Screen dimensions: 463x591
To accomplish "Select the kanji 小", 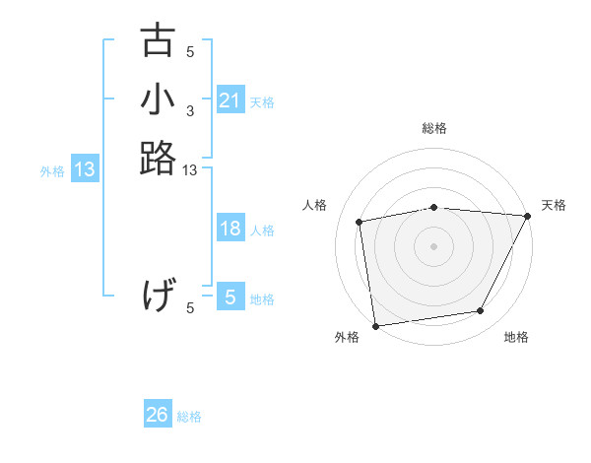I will coord(158,100).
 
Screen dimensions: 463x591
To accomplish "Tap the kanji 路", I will coord(158,157).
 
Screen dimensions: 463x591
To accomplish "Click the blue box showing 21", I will coord(230,100).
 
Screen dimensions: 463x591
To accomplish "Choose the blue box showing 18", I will coord(230,229).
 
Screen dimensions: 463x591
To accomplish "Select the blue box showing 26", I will coord(158,415).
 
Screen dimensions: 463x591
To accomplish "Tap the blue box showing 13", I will coord(85,169).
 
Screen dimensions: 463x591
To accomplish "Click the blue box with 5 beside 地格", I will coord(230,297).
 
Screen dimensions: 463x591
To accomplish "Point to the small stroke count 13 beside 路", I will coord(190,171).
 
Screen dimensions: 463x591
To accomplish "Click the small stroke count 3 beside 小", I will coord(190,110).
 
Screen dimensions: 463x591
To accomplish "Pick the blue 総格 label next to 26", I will coord(190,417).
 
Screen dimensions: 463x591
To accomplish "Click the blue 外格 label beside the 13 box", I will coord(52,171).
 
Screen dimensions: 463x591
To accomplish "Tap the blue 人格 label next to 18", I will coord(262,231).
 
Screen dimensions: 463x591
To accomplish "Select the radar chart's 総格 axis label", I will coord(434,128).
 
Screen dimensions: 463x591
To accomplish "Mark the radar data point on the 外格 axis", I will coord(375,325).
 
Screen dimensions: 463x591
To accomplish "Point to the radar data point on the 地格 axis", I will coord(481,311).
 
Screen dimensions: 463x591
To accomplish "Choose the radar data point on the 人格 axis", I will coord(361,222).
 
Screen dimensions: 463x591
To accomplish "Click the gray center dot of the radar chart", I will coord(434,245).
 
